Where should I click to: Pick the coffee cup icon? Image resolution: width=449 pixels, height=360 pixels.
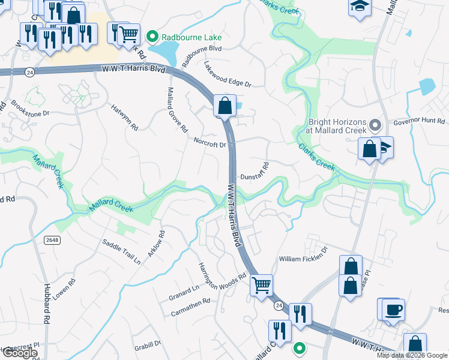(393, 310)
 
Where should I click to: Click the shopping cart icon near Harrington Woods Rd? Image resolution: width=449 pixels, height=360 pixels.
(261, 286)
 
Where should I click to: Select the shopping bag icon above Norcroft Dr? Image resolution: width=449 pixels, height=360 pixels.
(224, 106)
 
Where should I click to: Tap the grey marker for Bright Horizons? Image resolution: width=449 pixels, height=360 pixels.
(376, 125)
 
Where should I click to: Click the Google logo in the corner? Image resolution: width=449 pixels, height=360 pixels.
(19, 353)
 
